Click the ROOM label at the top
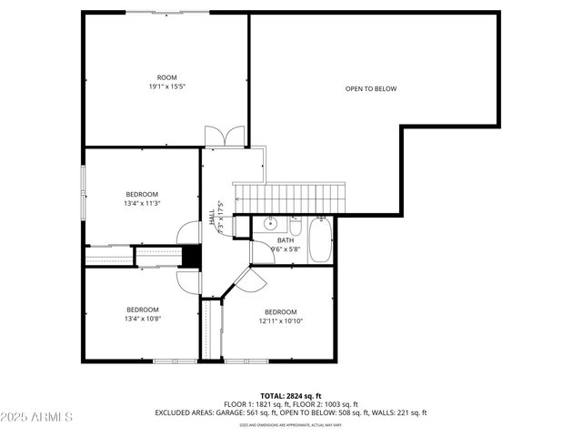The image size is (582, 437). (x=166, y=77)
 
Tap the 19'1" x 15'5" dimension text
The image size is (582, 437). (x=166, y=86)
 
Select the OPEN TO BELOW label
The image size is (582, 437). (x=371, y=88)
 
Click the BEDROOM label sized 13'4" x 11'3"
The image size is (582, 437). (x=142, y=194)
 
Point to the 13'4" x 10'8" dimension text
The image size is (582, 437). (x=142, y=319)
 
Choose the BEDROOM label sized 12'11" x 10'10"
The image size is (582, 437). (x=281, y=311)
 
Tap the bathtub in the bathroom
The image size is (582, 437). (x=320, y=239)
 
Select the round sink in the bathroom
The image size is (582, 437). (x=270, y=223)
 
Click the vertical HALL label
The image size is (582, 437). (x=212, y=219)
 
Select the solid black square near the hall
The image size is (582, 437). (x=191, y=257)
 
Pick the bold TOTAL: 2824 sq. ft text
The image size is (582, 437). (x=291, y=396)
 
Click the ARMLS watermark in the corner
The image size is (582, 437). (x=38, y=417)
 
